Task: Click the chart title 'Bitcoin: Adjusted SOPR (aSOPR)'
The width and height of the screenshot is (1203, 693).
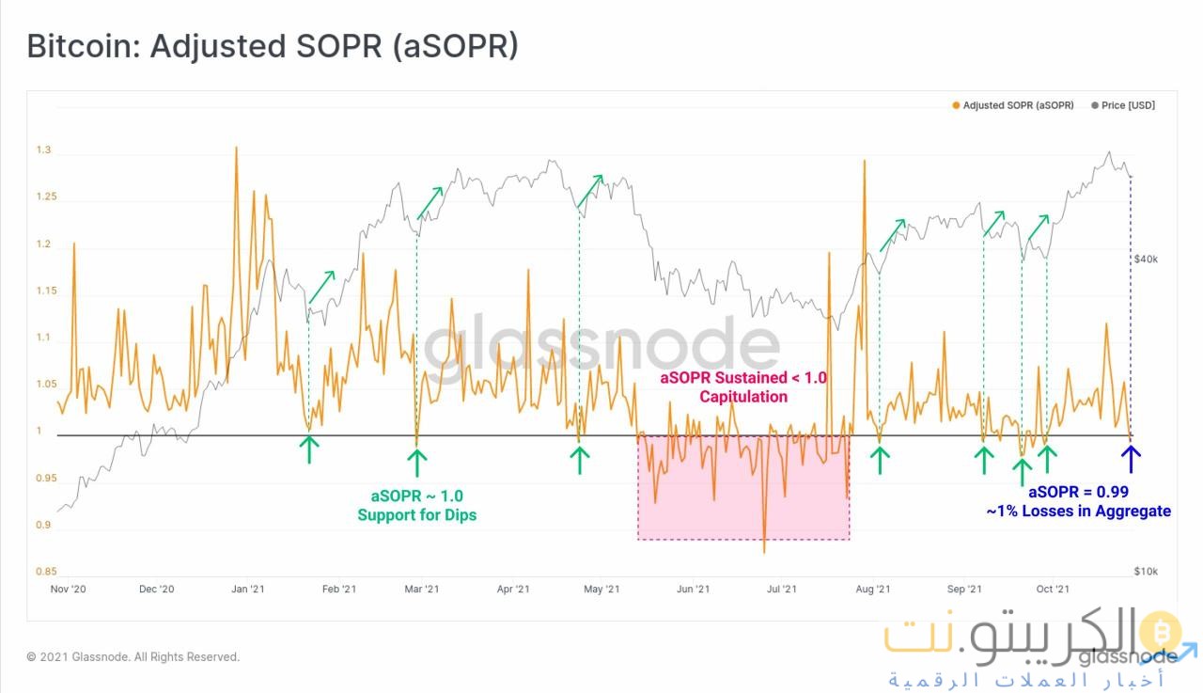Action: [x=273, y=46]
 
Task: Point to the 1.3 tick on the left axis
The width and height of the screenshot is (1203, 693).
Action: [x=43, y=151]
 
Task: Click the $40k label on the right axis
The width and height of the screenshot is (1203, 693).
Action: [x=1145, y=259]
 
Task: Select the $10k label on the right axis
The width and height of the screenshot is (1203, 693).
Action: [x=1145, y=572]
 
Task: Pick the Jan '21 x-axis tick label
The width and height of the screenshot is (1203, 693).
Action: [x=248, y=590]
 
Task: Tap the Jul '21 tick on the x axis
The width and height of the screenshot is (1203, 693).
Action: [x=782, y=590]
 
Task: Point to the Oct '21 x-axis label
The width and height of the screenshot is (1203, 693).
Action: [x=1053, y=590]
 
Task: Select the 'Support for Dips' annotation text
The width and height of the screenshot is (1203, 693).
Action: [x=416, y=515]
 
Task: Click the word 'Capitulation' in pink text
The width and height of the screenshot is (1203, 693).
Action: [x=742, y=397]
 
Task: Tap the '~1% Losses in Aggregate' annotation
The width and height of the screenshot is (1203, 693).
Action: [x=1078, y=512]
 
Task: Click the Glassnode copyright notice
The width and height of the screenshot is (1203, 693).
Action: [x=133, y=657]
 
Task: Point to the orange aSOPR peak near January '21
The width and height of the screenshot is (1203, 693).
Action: [x=236, y=148]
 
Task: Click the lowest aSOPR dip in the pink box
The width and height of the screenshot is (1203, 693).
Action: [x=764, y=552]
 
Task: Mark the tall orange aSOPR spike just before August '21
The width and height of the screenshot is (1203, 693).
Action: [x=863, y=162]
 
